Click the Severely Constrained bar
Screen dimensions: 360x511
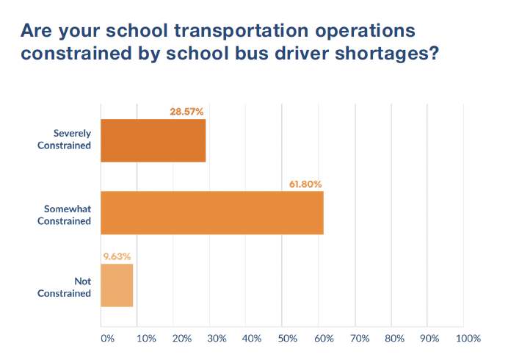[153, 140]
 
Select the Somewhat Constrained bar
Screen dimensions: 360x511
[211, 213]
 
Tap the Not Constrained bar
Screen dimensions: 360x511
[117, 286]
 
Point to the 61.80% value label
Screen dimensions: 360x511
[303, 184]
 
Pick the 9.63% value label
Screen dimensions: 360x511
[116, 257]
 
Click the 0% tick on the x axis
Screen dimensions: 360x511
[107, 339]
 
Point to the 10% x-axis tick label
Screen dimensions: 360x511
[145, 339]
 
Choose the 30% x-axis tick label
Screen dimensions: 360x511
[217, 339]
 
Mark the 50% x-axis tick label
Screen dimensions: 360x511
[288, 339]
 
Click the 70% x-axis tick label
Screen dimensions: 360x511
[359, 339]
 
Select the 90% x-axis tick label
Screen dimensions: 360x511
[430, 339]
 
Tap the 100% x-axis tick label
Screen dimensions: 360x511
[468, 339]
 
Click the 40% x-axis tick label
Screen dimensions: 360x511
[252, 339]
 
